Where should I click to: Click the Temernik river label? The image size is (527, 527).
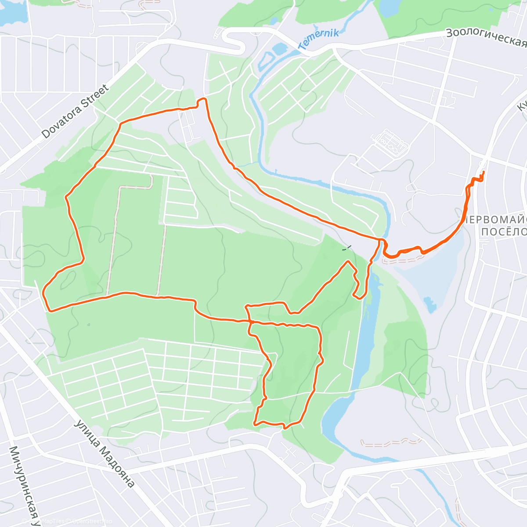click(319, 39)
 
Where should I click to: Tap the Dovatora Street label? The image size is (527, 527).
click(75, 112)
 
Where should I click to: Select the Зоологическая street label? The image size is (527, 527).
click(486, 38)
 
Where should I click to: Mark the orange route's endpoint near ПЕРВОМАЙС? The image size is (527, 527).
click(483, 172)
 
